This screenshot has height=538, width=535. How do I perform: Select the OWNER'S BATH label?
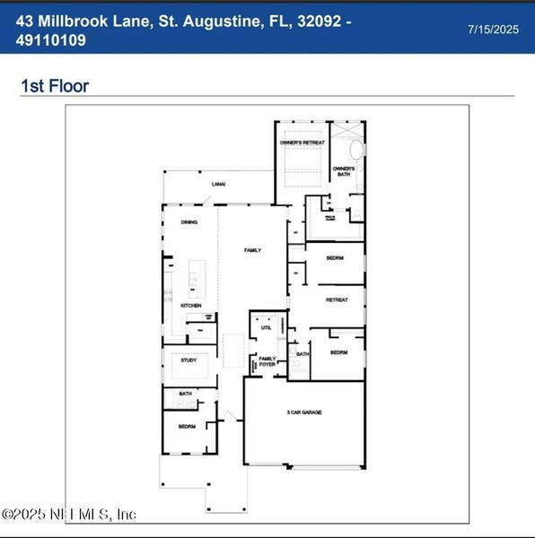[x=344, y=170]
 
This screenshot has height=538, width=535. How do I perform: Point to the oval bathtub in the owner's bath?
[x=355, y=150]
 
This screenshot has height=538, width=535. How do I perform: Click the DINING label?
[x=189, y=221]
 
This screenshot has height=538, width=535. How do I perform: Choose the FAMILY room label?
[x=252, y=250]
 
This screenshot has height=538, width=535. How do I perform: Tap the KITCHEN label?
[x=190, y=306]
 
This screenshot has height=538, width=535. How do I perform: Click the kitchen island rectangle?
[x=196, y=279]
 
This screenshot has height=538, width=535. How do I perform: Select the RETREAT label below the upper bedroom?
[x=336, y=299]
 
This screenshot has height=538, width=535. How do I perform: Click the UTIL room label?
[x=266, y=328]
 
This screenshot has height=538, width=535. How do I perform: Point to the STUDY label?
[x=189, y=360]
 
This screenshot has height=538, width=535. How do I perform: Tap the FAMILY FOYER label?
[x=267, y=361]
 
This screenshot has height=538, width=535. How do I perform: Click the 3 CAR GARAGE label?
[x=304, y=412]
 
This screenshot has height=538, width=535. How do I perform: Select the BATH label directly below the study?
[x=185, y=393]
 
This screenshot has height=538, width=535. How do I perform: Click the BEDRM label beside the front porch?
[x=187, y=426]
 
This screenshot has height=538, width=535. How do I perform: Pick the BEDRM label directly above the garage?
[x=338, y=352]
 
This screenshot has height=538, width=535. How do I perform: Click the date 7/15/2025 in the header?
[x=494, y=30]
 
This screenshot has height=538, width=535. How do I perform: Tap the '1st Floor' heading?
[x=55, y=86]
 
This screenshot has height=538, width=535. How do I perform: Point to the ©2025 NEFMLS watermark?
[x=70, y=514]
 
